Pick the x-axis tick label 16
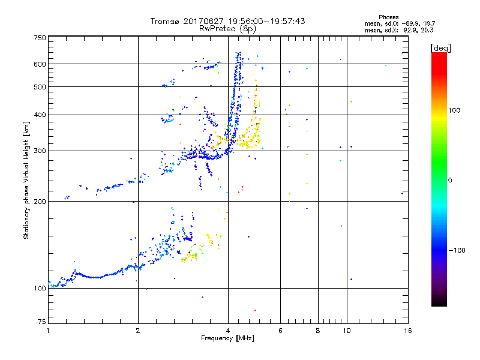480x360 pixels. (x=408, y=331)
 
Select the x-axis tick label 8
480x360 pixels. (x=318, y=331)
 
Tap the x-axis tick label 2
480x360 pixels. (x=138, y=331)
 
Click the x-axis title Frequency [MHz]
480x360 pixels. (x=228, y=339)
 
